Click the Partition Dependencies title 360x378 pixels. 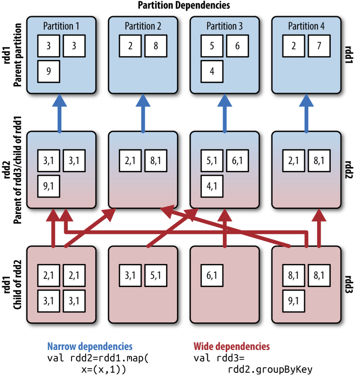coord(184,5)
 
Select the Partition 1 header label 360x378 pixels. coord(61,26)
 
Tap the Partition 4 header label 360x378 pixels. coord(306,26)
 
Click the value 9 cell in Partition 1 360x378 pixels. coord(49,71)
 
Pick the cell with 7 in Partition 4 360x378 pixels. coord(319,46)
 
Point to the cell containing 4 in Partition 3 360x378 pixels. coord(212,71)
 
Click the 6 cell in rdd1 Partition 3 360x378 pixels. coord(237,46)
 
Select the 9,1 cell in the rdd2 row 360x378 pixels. coord(49,186)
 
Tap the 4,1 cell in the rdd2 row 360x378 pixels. coord(212,186)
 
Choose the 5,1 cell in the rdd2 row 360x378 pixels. coord(212,160)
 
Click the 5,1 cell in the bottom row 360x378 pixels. coord(156,275)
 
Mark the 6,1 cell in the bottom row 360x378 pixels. coord(212,275)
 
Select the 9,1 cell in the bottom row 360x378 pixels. coord(294,301)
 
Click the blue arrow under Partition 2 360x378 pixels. coord(143,114)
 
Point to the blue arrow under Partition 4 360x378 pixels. coord(306,114)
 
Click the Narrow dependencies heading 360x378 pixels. coord(90,346)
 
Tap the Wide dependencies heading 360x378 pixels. coord(232,346)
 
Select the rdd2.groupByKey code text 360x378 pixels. coord(270,370)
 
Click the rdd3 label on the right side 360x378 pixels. coord(349,284)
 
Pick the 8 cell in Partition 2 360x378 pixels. coord(156,46)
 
